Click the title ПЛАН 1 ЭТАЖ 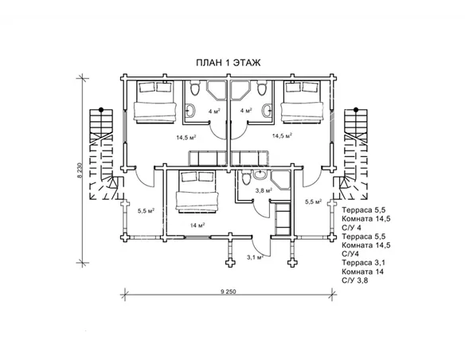[229, 63]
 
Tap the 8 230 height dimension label [80, 170]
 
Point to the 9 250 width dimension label [229, 292]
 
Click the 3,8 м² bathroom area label [264, 190]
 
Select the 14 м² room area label [197, 225]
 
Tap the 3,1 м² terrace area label [256, 257]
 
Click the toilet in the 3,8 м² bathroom [246, 178]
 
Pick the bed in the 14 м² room [197, 192]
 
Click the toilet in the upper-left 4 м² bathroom [195, 88]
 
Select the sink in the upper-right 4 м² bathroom [267, 111]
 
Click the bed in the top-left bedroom [154, 102]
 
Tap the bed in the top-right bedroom [302, 102]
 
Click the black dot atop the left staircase [101, 109]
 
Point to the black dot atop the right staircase [356, 110]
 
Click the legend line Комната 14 [362, 272]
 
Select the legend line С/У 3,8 [354, 280]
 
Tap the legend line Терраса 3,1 [363, 263]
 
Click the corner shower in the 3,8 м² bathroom [280, 180]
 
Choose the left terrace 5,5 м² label [147, 211]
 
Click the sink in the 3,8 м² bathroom [260, 174]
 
